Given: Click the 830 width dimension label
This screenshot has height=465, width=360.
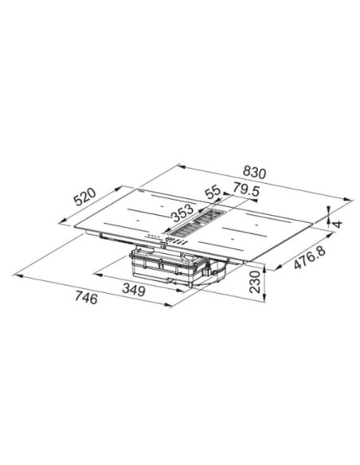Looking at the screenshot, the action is (x=254, y=173).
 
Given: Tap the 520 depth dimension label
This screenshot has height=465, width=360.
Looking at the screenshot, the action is (x=84, y=197).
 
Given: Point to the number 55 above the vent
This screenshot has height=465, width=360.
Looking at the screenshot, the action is (x=213, y=193).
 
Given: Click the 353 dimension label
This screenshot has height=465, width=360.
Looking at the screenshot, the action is (x=182, y=213).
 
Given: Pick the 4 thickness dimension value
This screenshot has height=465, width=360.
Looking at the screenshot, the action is (x=338, y=224).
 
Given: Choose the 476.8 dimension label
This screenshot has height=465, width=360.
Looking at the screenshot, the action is (x=310, y=258).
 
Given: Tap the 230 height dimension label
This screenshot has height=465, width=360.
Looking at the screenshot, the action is (x=254, y=282).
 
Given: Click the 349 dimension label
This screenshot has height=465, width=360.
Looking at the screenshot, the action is (x=134, y=290).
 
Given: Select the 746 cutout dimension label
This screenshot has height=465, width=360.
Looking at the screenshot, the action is (x=86, y=298).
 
